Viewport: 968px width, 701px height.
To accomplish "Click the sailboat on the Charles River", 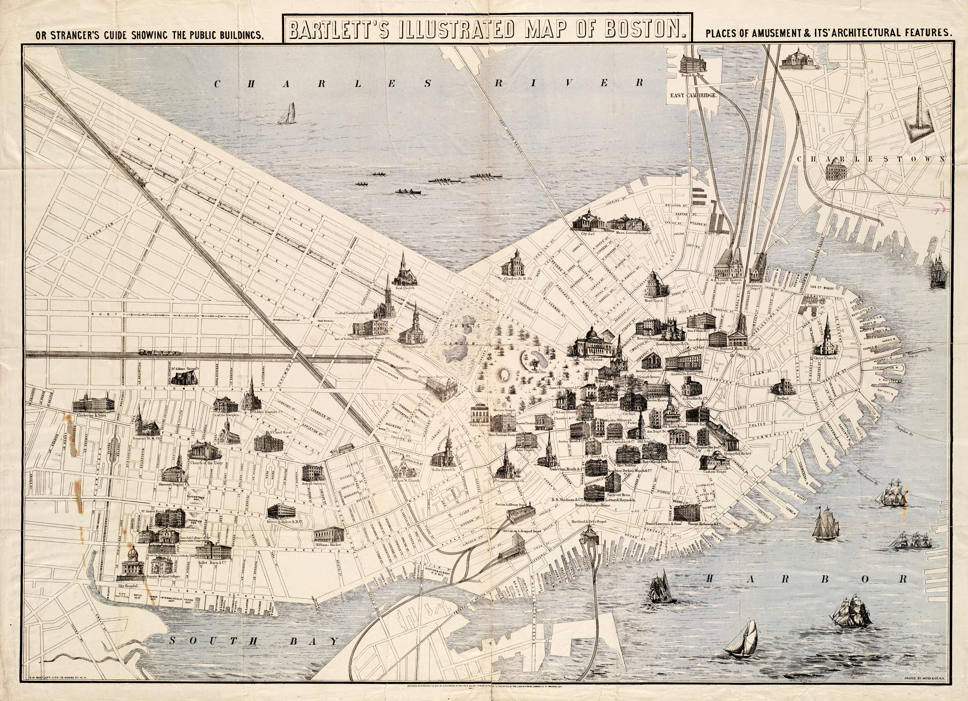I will point(287,114).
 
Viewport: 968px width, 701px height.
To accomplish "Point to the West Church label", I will point(654,300).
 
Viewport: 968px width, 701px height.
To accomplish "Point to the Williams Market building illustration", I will point(329,534).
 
